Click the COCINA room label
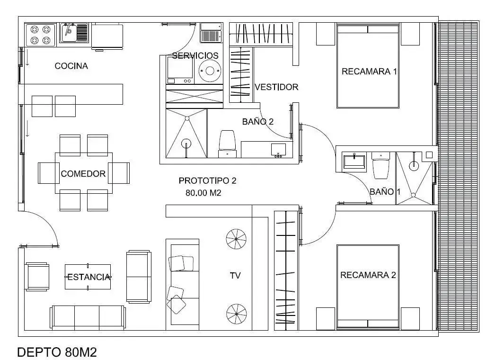click(x=71, y=66)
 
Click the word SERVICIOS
click(x=195, y=56)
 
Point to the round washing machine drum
click(x=209, y=70)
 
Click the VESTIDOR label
click(x=276, y=87)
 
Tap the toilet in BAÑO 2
click(x=228, y=144)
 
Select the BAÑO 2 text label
click(x=258, y=122)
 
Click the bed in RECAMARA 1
click(x=368, y=67)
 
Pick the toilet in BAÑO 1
click(x=381, y=165)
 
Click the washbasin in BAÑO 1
click(x=354, y=162)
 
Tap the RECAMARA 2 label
click(x=368, y=275)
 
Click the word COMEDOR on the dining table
click(x=83, y=173)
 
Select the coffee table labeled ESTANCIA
click(x=88, y=277)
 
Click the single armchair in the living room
click(x=37, y=277)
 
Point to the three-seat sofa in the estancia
click(x=88, y=317)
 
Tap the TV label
click(x=235, y=276)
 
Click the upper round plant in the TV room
click(x=236, y=239)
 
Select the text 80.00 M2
click(x=203, y=193)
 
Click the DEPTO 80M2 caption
click(x=57, y=352)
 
